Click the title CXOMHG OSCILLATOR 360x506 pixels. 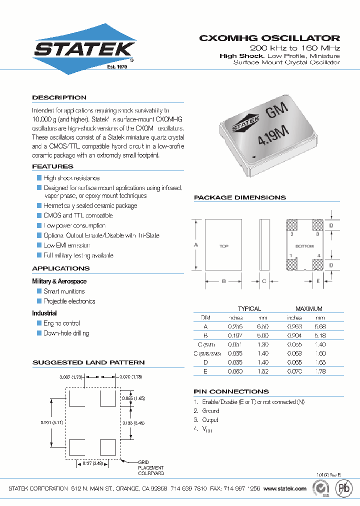coord(269,38)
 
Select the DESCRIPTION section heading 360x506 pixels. coord(59,97)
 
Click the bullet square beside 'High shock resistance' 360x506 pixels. coord(39,178)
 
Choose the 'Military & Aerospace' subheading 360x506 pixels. coord(59,281)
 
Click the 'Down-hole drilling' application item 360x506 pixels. coord(66,333)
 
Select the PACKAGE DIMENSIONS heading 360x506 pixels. coord(239,197)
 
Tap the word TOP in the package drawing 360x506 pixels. coord(224,246)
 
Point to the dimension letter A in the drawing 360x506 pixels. coord(196,244)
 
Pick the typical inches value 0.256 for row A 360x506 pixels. coord(235,326)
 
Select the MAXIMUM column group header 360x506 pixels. coord(308,308)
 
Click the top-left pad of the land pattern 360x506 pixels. coord(77,398)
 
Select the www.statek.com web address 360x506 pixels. coord(284,488)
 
